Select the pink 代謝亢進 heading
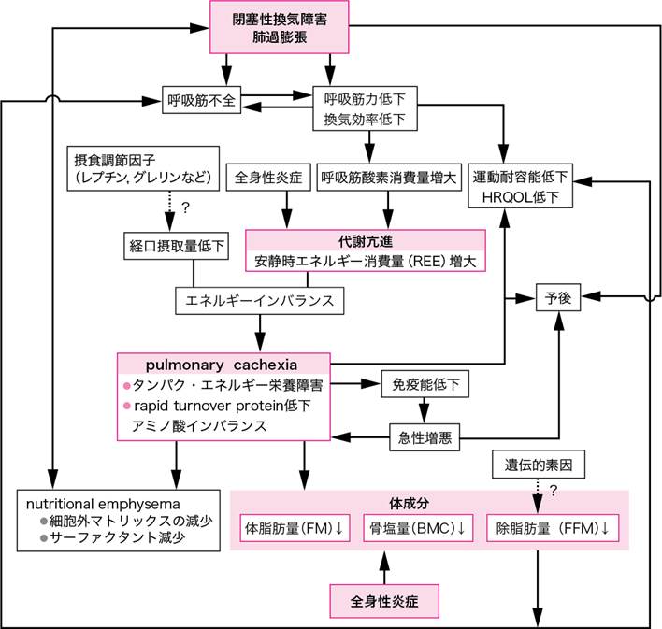coord(365,239)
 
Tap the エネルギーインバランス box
coord(254,302)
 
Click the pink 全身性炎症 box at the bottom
coord(382,597)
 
